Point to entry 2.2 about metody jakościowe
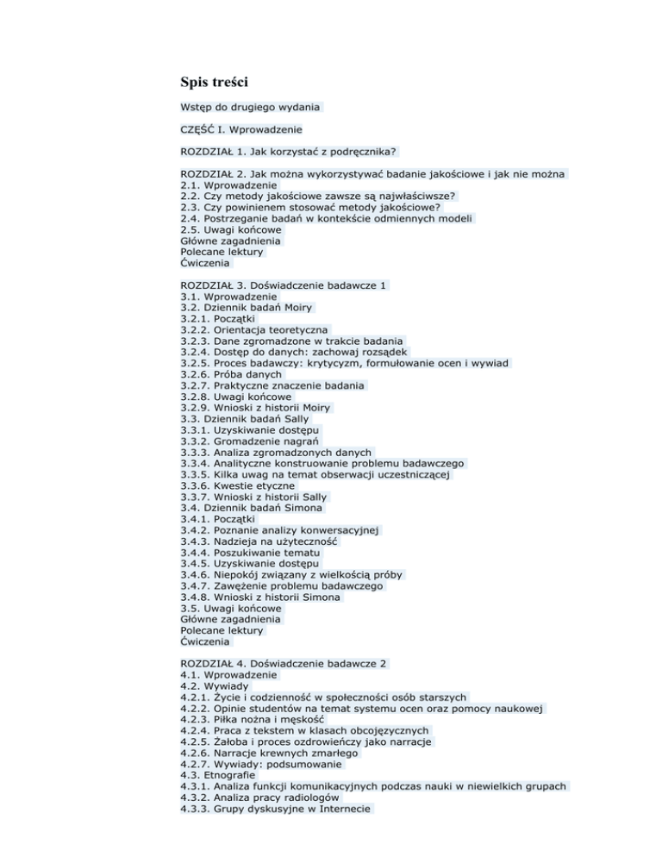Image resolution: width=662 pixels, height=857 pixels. pos(318,197)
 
